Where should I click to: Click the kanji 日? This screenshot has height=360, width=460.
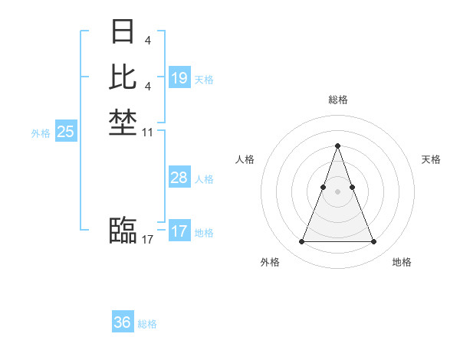(x=123, y=32)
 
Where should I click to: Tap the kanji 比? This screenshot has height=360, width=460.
(x=123, y=77)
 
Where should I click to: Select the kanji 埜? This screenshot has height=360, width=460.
(x=123, y=123)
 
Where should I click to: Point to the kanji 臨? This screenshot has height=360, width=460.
(x=123, y=229)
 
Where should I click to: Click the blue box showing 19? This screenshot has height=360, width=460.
(x=179, y=78)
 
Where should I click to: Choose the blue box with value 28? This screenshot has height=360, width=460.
(x=179, y=178)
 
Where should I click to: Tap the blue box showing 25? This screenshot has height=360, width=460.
(x=66, y=132)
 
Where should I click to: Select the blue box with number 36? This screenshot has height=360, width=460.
(x=123, y=322)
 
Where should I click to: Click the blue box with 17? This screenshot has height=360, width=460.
(x=179, y=231)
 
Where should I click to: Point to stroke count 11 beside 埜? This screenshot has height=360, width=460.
(x=148, y=133)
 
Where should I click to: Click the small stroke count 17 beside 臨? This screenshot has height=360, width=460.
(x=148, y=240)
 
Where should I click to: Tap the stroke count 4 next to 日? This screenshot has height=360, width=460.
(x=147, y=39)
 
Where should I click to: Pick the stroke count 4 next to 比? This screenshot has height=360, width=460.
(x=147, y=86)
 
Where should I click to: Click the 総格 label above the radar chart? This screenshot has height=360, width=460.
(x=337, y=100)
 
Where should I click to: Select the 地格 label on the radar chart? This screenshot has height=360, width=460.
(x=402, y=262)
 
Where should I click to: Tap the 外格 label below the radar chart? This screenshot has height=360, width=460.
(x=270, y=262)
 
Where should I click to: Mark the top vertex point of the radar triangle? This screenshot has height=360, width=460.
(x=337, y=146)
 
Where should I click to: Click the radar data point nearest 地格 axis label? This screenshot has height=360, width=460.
(x=373, y=242)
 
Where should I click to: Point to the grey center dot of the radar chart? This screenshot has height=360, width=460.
(x=337, y=191)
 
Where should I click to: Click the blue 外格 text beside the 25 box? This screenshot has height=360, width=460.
(x=41, y=133)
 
